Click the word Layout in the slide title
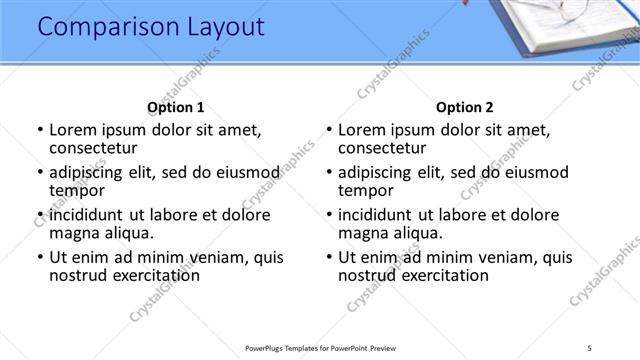click(220, 27)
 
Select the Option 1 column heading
click(176, 107)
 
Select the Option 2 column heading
click(465, 107)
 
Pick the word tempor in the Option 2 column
click(366, 190)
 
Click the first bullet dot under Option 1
click(40, 130)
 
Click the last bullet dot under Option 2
click(329, 258)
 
